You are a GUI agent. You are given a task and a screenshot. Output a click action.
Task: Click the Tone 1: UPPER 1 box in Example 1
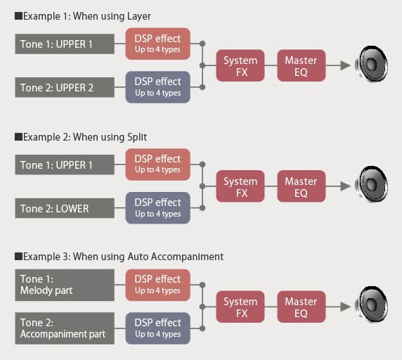pos(65,44)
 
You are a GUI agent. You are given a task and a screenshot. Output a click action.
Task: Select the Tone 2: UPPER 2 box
pos(65,87)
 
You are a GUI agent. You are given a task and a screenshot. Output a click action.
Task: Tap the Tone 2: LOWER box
pos(65,208)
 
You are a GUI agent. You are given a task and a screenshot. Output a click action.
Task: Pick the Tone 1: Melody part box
pos(65,285)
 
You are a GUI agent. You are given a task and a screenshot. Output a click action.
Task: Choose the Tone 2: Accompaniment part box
pos(65,328)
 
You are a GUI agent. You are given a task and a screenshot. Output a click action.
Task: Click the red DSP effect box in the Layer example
pos(157,44)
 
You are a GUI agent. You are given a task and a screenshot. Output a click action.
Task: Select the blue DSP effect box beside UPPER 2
pos(157,87)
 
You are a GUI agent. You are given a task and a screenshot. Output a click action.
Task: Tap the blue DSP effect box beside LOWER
pos(157,208)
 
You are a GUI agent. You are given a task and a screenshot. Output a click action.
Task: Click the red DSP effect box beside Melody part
pos(157,285)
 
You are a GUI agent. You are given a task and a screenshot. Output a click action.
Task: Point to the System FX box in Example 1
pos(240,65)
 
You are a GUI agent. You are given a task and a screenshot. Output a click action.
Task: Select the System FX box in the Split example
pos(240,186)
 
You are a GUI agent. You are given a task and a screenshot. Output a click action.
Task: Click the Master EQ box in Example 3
pos(301,307)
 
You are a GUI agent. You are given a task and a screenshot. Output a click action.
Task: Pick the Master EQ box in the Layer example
pos(301,65)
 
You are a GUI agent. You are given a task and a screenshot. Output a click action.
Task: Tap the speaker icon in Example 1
pos(371,64)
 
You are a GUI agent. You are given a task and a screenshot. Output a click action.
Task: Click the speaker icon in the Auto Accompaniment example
pos(371,305)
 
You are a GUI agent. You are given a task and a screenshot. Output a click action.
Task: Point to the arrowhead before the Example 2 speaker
pos(345,186)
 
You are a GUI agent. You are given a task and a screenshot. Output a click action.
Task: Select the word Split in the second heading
pos(137,137)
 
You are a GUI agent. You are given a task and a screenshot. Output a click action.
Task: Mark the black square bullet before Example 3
pos(18,257)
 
